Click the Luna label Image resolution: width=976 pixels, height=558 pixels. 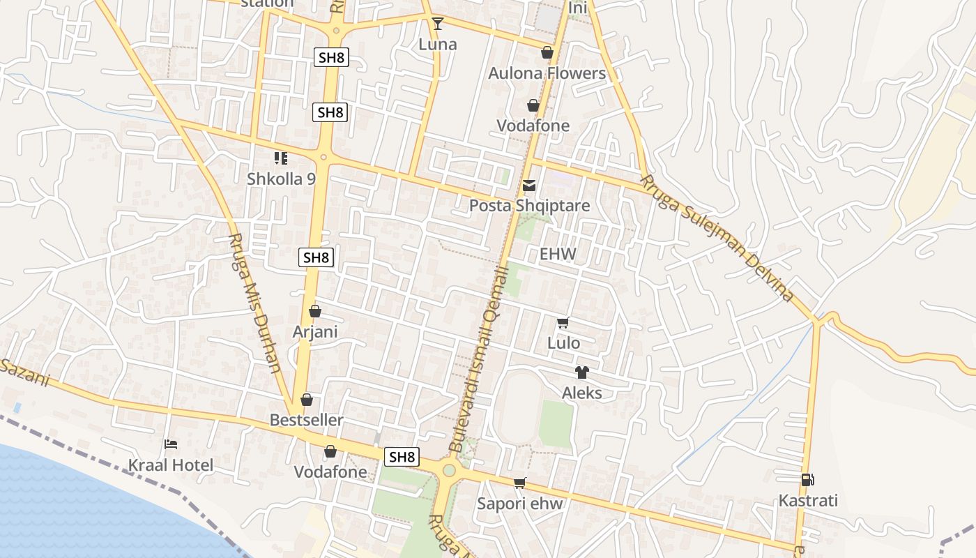(438, 45)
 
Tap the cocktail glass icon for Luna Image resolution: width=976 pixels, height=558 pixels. (438, 24)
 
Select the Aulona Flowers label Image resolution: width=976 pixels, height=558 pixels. (547, 73)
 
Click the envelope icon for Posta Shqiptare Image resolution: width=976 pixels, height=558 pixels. (529, 186)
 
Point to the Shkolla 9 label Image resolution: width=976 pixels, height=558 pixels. (281, 179)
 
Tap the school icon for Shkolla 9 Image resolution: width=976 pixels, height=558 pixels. (281, 159)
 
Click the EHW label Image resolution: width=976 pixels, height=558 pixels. (558, 254)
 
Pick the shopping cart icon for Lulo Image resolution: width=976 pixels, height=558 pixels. (563, 322)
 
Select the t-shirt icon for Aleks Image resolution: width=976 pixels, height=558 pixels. (582, 372)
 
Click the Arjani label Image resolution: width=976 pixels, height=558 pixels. (315, 332)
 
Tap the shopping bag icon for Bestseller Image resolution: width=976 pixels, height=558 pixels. (307, 400)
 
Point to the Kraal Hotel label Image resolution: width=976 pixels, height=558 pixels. (171, 465)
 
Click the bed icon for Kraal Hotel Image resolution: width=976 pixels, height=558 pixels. (171, 444)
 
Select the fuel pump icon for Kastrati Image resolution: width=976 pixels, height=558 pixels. (808, 480)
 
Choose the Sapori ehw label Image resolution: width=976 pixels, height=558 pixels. (519, 504)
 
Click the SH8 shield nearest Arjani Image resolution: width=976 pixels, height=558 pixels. (317, 257)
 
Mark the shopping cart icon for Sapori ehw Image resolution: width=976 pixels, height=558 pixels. (519, 483)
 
